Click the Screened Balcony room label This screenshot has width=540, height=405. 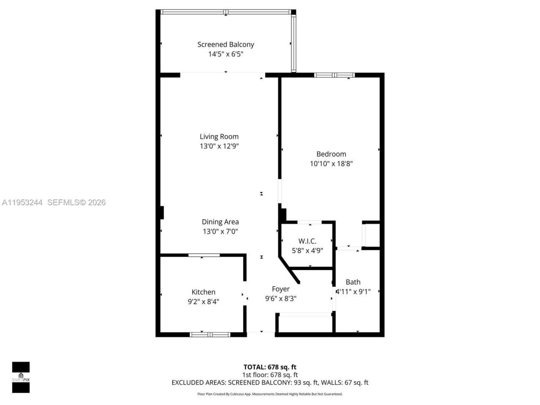point(226,44)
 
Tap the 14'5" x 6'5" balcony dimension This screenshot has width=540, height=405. point(226,54)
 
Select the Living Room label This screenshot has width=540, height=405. point(219,136)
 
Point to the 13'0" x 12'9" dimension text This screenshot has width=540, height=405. point(219,146)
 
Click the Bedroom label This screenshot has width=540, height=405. point(331,154)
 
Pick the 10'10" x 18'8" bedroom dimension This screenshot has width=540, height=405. point(331,164)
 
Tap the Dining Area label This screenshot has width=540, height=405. point(220,221)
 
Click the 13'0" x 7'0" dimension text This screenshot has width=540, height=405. point(220,231)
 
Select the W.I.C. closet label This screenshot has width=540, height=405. point(307,241)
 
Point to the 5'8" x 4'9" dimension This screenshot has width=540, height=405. point(307,250)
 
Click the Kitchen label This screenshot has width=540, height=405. point(203,292)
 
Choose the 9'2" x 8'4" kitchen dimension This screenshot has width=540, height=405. point(203,301)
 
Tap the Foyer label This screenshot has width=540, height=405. point(281,289)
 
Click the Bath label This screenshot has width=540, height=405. point(353,282)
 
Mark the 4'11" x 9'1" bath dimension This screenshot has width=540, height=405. point(354,291)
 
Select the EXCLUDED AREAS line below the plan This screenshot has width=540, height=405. point(270,383)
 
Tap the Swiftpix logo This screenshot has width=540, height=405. point(21,377)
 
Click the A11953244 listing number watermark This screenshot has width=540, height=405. point(22,202)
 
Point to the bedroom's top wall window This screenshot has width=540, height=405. point(334,75)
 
